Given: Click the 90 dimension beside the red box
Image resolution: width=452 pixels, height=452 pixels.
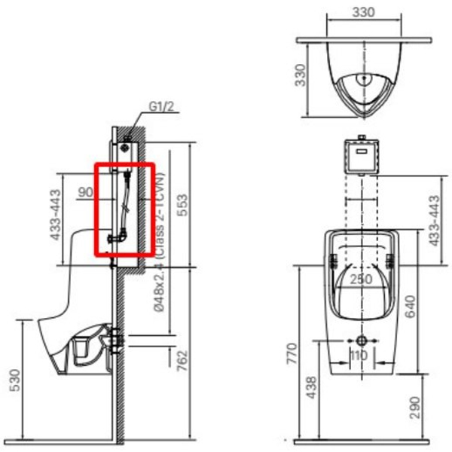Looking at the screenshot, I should click(x=85, y=192).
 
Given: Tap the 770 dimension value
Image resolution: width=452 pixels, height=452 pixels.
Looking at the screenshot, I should click(x=293, y=353).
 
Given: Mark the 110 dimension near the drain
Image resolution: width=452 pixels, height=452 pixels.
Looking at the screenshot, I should click(x=360, y=354).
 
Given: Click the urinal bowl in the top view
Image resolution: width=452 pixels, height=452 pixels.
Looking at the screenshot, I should click(x=359, y=83).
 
